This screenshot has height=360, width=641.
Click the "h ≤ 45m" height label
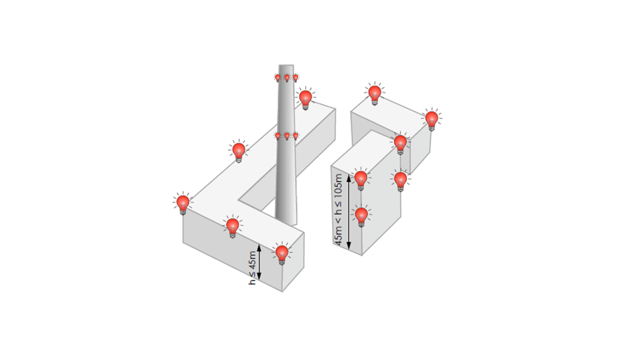click(x=252, y=268)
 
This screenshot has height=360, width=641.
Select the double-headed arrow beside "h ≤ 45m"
click(x=259, y=262)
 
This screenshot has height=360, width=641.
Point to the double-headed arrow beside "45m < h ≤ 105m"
click(x=349, y=212)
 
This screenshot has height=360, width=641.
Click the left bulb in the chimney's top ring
click(x=278, y=78)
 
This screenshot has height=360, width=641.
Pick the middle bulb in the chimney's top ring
click(x=287, y=78)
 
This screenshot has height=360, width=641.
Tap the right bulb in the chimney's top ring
click(x=296, y=78)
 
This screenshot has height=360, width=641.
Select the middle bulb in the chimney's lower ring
click(x=287, y=136)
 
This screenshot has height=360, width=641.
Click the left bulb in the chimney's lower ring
click(x=278, y=136)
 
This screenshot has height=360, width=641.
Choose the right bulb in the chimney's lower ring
click(x=296, y=136)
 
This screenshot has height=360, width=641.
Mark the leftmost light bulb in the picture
click(x=183, y=203)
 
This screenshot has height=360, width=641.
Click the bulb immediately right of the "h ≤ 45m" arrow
click(x=282, y=254)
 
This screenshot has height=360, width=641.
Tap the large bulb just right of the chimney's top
click(x=305, y=99)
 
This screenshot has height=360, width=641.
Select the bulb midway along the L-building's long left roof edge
click(x=239, y=151)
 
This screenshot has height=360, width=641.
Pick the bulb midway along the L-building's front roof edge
click(x=233, y=227)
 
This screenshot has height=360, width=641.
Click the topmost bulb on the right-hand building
click(x=375, y=94)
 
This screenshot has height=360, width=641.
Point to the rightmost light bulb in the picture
click(x=431, y=120)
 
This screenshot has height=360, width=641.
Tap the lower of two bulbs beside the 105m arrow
click(x=361, y=216)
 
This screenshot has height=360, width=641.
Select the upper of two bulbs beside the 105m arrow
click(x=361, y=179)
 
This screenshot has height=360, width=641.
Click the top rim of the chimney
click(x=286, y=65)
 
